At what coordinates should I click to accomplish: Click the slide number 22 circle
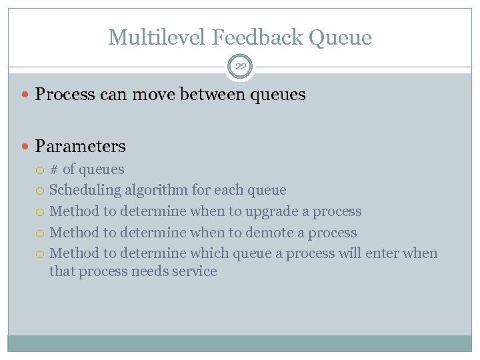coord(240,66)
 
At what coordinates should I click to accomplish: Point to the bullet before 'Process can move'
coord(27,95)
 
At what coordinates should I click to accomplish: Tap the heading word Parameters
coord(80,145)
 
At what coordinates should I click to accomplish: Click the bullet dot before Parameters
coord(27,146)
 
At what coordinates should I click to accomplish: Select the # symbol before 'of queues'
coord(54,169)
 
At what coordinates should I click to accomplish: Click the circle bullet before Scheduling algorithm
coord(41,191)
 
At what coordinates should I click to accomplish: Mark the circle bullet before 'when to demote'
coord(41,233)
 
